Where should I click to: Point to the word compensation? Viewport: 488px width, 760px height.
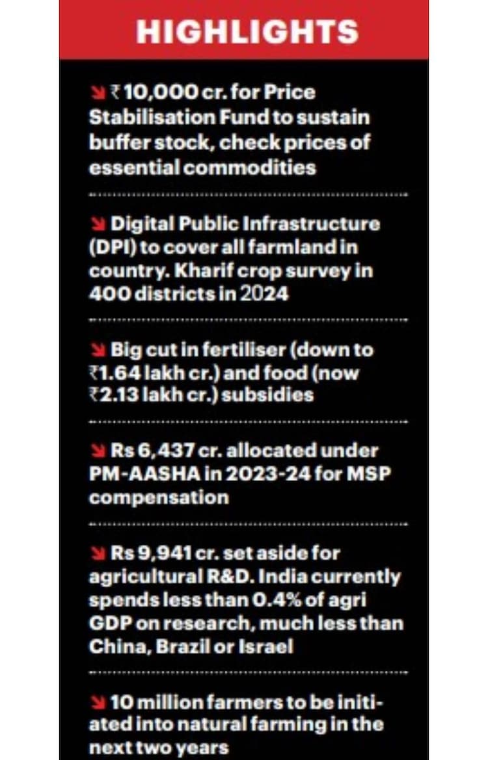(159, 497)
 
